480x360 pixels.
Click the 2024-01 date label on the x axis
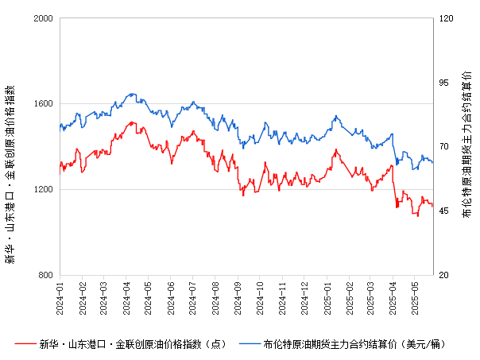pos(60,295)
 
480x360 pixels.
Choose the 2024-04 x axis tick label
pos(126,295)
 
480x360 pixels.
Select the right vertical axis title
pos(467,147)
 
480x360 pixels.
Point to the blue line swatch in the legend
pos(251,344)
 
